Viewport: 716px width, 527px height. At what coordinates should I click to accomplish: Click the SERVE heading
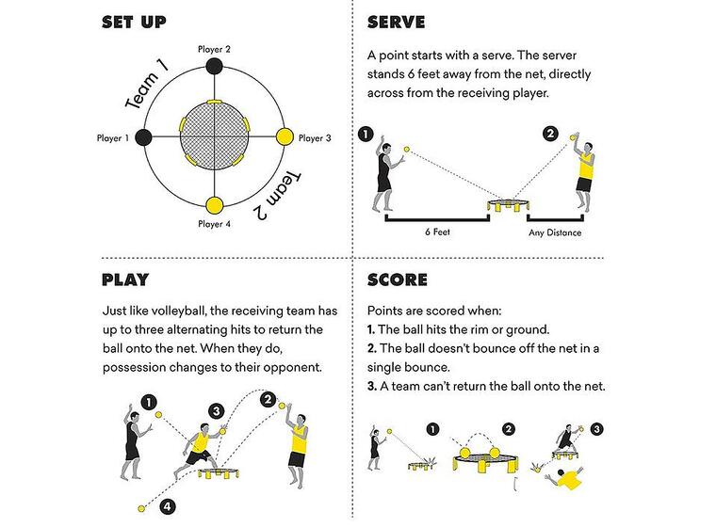tap(396, 22)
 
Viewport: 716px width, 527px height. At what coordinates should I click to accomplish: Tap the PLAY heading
tap(125, 279)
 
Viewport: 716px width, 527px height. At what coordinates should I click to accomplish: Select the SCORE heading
tap(397, 279)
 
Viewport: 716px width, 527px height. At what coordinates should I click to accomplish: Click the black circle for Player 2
tap(214, 67)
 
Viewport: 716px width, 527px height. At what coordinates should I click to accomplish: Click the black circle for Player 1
tap(144, 137)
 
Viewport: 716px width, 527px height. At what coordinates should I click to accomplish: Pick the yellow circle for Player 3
tap(285, 137)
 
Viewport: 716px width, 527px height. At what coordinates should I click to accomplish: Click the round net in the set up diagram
tap(214, 136)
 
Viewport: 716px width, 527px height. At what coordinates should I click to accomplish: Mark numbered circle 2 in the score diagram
tap(509, 429)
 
